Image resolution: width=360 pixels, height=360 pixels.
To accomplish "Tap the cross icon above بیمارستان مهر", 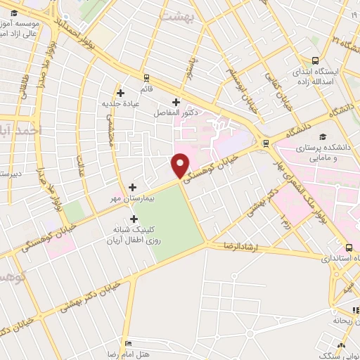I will [133, 187].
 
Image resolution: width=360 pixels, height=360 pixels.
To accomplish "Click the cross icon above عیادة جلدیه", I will [120, 92].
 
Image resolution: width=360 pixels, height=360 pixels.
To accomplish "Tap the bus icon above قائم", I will [146, 77].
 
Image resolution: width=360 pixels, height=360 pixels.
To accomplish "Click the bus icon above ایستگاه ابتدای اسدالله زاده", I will [316, 60].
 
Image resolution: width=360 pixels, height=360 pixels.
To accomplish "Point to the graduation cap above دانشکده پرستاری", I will [323, 137].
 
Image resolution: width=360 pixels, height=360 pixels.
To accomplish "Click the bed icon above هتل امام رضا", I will [127, 343].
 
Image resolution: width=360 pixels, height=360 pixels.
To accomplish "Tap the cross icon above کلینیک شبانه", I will [133, 219].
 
